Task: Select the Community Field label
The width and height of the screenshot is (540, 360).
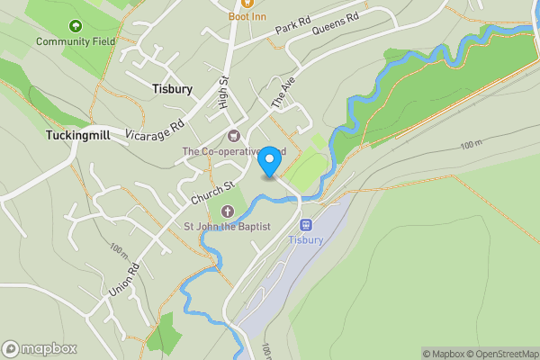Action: pyautogui.click(x=75, y=41)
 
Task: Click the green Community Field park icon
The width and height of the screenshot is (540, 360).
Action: pyautogui.click(x=75, y=26)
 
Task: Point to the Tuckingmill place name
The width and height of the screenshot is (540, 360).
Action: pyautogui.click(x=77, y=135)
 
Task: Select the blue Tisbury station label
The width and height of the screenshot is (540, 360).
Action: pyautogui.click(x=305, y=240)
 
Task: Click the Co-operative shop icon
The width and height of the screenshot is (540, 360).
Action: pyautogui.click(x=234, y=137)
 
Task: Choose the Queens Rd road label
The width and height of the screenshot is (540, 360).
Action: pyautogui.click(x=336, y=22)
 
